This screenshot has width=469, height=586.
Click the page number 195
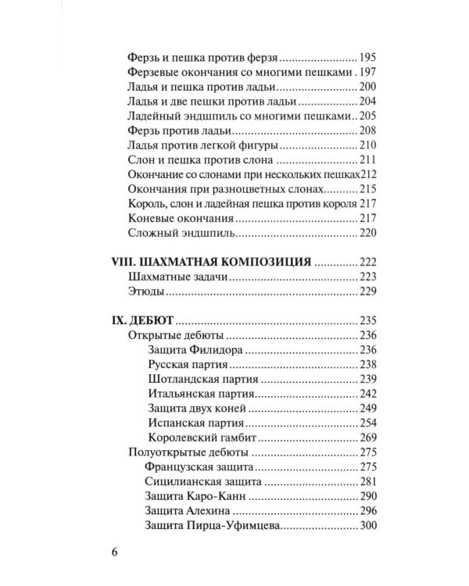click(368, 58)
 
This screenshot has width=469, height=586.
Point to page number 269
click(368, 438)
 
